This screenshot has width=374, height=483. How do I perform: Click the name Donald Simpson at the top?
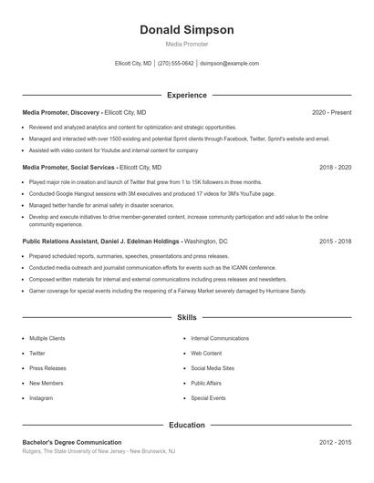tap(186, 30)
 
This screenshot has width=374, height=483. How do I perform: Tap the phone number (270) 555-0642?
tap(175, 64)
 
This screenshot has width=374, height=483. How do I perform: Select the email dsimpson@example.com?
tap(229, 64)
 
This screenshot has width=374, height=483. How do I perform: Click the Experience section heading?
tap(186, 95)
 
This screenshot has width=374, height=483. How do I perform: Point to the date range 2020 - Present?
tap(331, 112)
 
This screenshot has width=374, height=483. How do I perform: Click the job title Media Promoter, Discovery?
tap(61, 112)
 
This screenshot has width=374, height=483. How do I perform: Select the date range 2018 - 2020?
tap(335, 168)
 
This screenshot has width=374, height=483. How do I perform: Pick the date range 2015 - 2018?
tap(335, 241)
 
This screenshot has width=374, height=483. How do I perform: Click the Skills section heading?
tap(186, 317)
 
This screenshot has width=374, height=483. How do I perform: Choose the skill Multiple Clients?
tap(47, 338)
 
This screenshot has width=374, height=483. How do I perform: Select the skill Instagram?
tap(41, 398)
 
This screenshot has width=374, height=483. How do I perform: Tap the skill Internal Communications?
tap(219, 338)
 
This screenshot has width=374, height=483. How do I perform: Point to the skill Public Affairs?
tap(206, 383)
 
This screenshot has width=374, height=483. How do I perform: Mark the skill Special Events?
tap(208, 398)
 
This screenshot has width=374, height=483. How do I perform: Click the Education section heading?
tap(186, 425)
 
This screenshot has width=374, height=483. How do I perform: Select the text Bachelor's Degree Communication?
tap(72, 442)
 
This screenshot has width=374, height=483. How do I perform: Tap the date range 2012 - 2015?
tap(335, 442)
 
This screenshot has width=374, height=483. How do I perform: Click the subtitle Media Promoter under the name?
tap(186, 44)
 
